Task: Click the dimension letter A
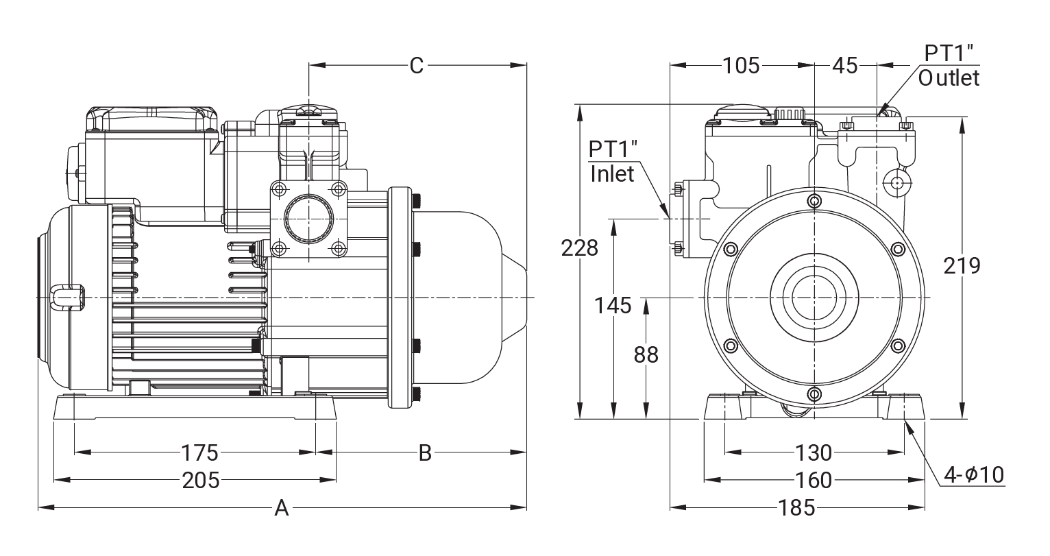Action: click(x=281, y=508)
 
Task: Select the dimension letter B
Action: click(x=425, y=453)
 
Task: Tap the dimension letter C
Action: click(x=417, y=66)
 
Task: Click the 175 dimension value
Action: click(x=199, y=453)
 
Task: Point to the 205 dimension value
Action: click(x=200, y=480)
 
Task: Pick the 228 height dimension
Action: click(x=580, y=247)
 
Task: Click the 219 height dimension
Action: click(x=962, y=265)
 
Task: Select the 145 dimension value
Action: click(x=613, y=306)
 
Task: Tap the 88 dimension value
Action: click(x=646, y=354)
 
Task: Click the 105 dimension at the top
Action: click(x=741, y=66)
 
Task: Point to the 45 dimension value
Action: click(x=844, y=66)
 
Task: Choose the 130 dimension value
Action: click(x=813, y=453)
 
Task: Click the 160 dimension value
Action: click(x=814, y=480)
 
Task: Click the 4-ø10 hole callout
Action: click(x=974, y=474)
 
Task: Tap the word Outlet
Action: click(x=949, y=77)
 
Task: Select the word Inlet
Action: click(x=612, y=173)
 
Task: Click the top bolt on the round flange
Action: click(x=814, y=201)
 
